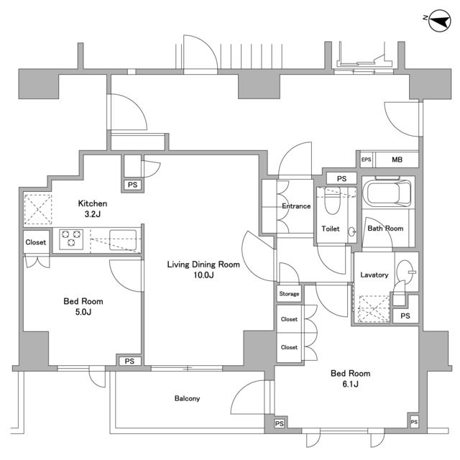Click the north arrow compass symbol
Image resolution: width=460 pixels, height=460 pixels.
point(440,22)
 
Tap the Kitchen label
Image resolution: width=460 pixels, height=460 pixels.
point(93,203)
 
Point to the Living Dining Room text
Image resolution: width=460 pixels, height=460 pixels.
point(203,264)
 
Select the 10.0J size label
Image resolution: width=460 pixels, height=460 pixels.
point(203,275)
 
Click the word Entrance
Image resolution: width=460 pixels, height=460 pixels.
point(296,206)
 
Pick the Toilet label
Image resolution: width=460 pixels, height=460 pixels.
point(330,229)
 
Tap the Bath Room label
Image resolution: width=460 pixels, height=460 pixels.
point(385,229)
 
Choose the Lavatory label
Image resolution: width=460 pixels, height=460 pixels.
point(374,275)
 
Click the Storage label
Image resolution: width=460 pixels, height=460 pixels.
point(289,294)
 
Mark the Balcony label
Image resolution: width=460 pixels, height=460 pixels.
point(187,399)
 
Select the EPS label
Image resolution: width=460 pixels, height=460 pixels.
point(367,160)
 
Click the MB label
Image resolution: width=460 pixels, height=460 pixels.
point(397,160)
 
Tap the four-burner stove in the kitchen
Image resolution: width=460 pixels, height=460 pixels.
point(72,237)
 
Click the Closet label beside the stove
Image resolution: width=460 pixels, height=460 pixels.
point(36,242)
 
